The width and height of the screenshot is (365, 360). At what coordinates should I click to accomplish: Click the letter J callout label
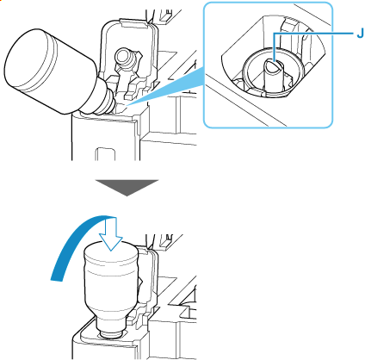click(x=360, y=34)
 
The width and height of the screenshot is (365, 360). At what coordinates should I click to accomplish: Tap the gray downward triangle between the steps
click(x=127, y=188)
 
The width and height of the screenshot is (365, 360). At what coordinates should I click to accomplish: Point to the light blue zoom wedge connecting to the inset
click(x=166, y=88)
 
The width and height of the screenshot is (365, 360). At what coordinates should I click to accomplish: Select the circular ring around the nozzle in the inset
click(x=272, y=71)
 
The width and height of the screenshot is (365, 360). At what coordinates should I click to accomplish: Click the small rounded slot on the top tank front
click(x=105, y=154)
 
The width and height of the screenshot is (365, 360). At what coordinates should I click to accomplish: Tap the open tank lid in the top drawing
click(x=129, y=58)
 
